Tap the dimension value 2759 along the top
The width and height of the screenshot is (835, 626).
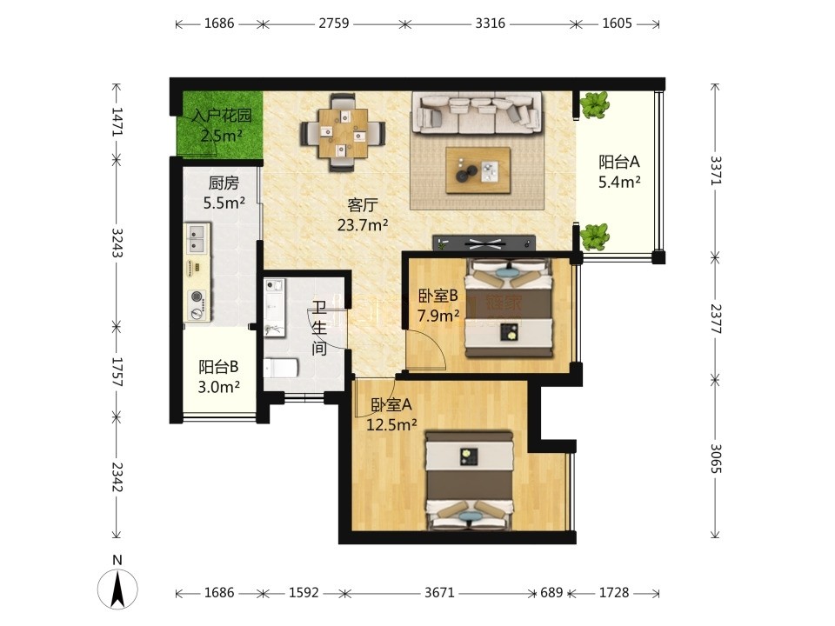pyautogui.click(x=334, y=23)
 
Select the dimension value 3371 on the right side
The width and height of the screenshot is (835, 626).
pyautogui.click(x=715, y=170)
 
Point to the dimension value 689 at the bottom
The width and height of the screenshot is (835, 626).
pyautogui.click(x=551, y=592)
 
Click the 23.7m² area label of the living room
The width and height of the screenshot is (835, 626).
pyautogui.click(x=363, y=225)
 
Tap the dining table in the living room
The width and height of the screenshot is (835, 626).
pyautogui.click(x=343, y=133)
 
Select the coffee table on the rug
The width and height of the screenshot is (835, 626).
pyautogui.click(x=478, y=170)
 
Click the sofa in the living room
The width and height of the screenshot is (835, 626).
pyautogui.click(x=478, y=113)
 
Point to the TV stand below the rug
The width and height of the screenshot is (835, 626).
pyautogui.click(x=484, y=243)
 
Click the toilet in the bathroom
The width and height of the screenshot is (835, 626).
pyautogui.click(x=280, y=368)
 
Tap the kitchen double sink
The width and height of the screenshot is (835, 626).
pyautogui.click(x=197, y=239)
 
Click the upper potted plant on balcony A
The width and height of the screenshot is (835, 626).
pyautogui.click(x=594, y=105)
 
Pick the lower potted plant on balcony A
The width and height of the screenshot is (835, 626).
pyautogui.click(x=594, y=236)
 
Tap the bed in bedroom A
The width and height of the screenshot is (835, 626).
pyautogui.click(x=470, y=481)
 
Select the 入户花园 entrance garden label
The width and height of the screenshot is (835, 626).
pyautogui.click(x=222, y=116)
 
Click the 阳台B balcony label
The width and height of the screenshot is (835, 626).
pyautogui.click(x=218, y=367)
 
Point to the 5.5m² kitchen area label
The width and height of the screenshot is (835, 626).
pyautogui.click(x=224, y=203)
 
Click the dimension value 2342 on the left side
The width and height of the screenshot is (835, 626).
pyautogui.click(x=117, y=477)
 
